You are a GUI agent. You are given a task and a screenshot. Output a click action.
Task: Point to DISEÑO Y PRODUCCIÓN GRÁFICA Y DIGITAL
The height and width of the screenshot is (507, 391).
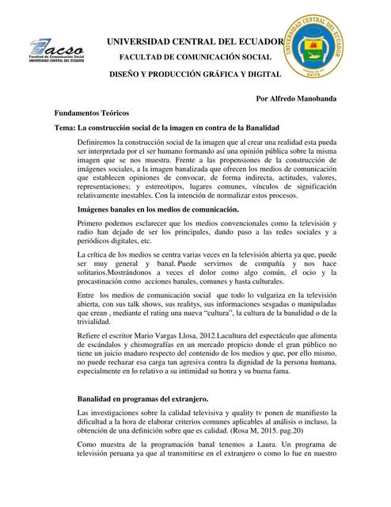point(195,74)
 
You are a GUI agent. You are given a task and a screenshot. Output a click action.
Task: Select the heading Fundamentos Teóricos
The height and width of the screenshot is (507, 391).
point(92,114)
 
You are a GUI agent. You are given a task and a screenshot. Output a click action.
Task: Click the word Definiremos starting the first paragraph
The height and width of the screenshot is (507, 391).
point(97,143)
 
